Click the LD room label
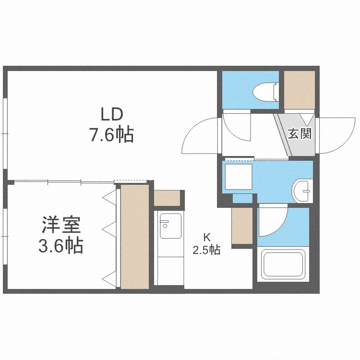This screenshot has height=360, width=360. (112, 115)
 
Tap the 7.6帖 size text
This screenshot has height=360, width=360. (111, 134)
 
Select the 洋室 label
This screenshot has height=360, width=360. (61, 225)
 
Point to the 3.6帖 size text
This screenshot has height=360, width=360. (60, 245)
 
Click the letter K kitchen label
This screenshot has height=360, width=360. (207, 238)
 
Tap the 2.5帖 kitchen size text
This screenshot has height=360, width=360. (206, 250)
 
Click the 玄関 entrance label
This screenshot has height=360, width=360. (300, 133)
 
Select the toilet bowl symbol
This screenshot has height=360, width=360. (266, 92)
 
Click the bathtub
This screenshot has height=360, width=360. (283, 264)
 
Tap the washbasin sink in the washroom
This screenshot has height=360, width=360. (302, 191)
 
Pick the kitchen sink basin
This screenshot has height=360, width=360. (170, 226)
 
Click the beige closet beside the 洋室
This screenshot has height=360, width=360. (135, 237)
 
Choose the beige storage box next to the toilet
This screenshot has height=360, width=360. (300, 90)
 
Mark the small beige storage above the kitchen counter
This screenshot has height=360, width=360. (167, 198)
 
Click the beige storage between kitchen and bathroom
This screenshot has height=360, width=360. (242, 226)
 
